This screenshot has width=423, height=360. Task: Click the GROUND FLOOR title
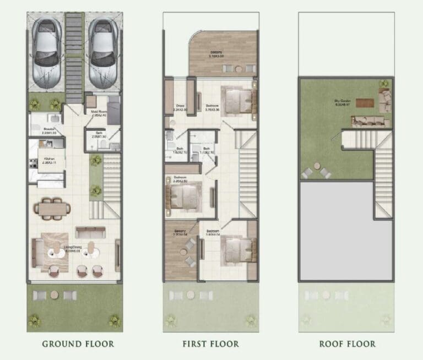(78, 344)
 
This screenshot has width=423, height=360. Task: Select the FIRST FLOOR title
(211, 344)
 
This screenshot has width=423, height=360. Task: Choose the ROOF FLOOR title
(347, 344)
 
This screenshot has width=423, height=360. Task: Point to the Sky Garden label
(344, 102)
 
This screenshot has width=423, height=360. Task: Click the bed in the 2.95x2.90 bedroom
(183, 195)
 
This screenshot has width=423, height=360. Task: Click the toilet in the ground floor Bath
(104, 144)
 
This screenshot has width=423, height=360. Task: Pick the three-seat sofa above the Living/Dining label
(90, 232)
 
